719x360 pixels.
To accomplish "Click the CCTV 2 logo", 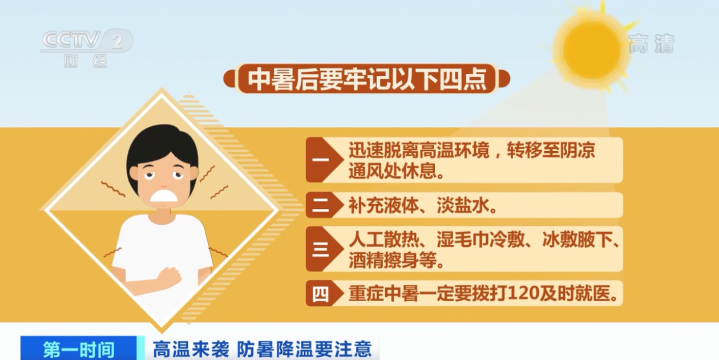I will click(x=86, y=41).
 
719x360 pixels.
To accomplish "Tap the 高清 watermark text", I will click(x=651, y=43).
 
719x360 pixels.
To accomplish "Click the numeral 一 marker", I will click(x=320, y=160).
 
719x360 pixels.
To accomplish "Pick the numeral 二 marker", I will click(x=320, y=205).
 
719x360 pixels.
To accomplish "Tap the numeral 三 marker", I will click(x=320, y=249).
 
